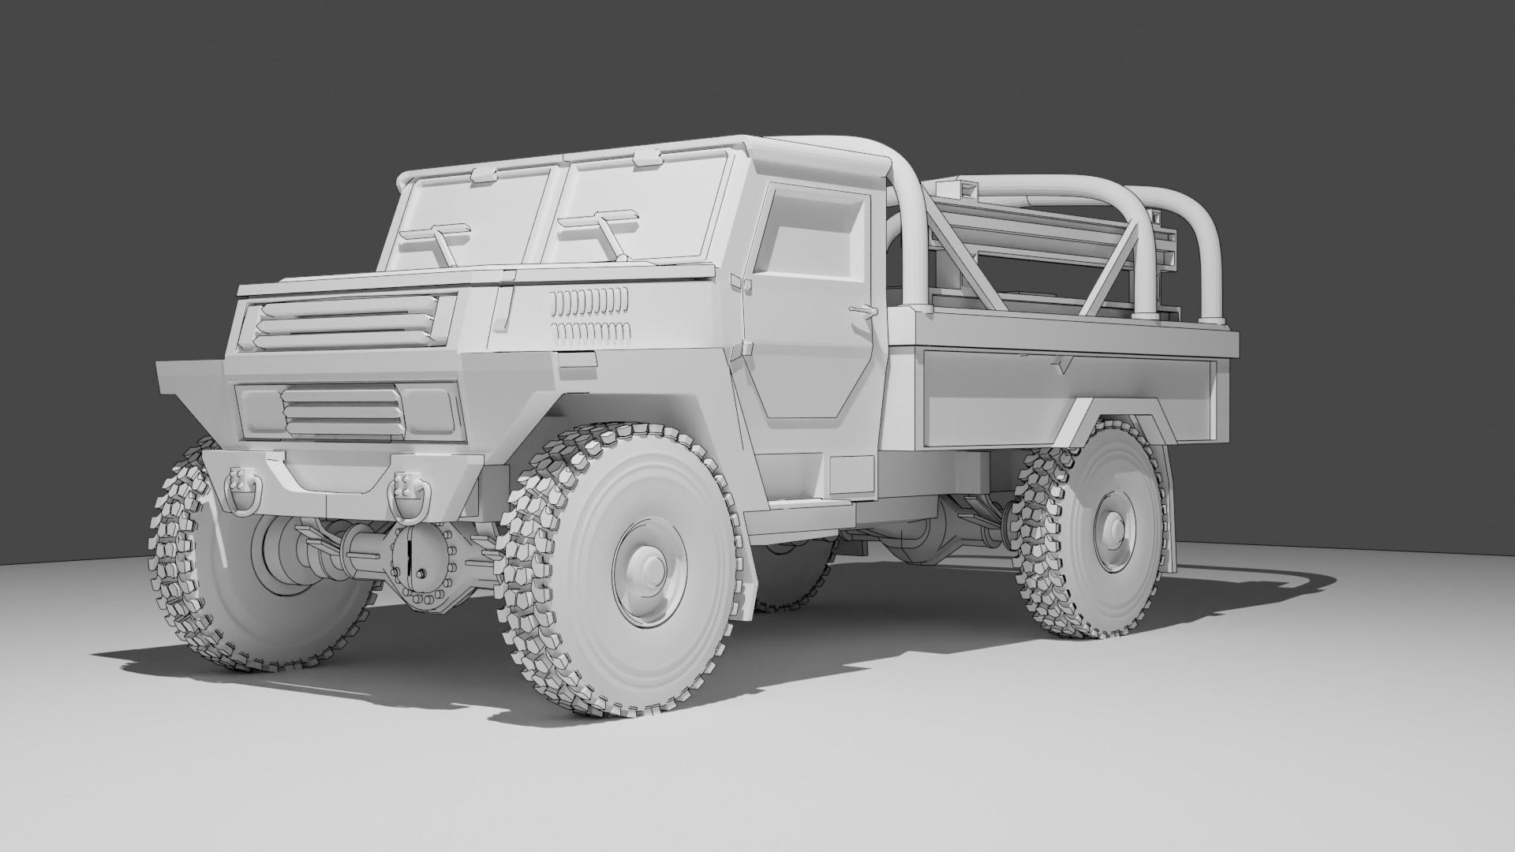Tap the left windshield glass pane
pos(466,221)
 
